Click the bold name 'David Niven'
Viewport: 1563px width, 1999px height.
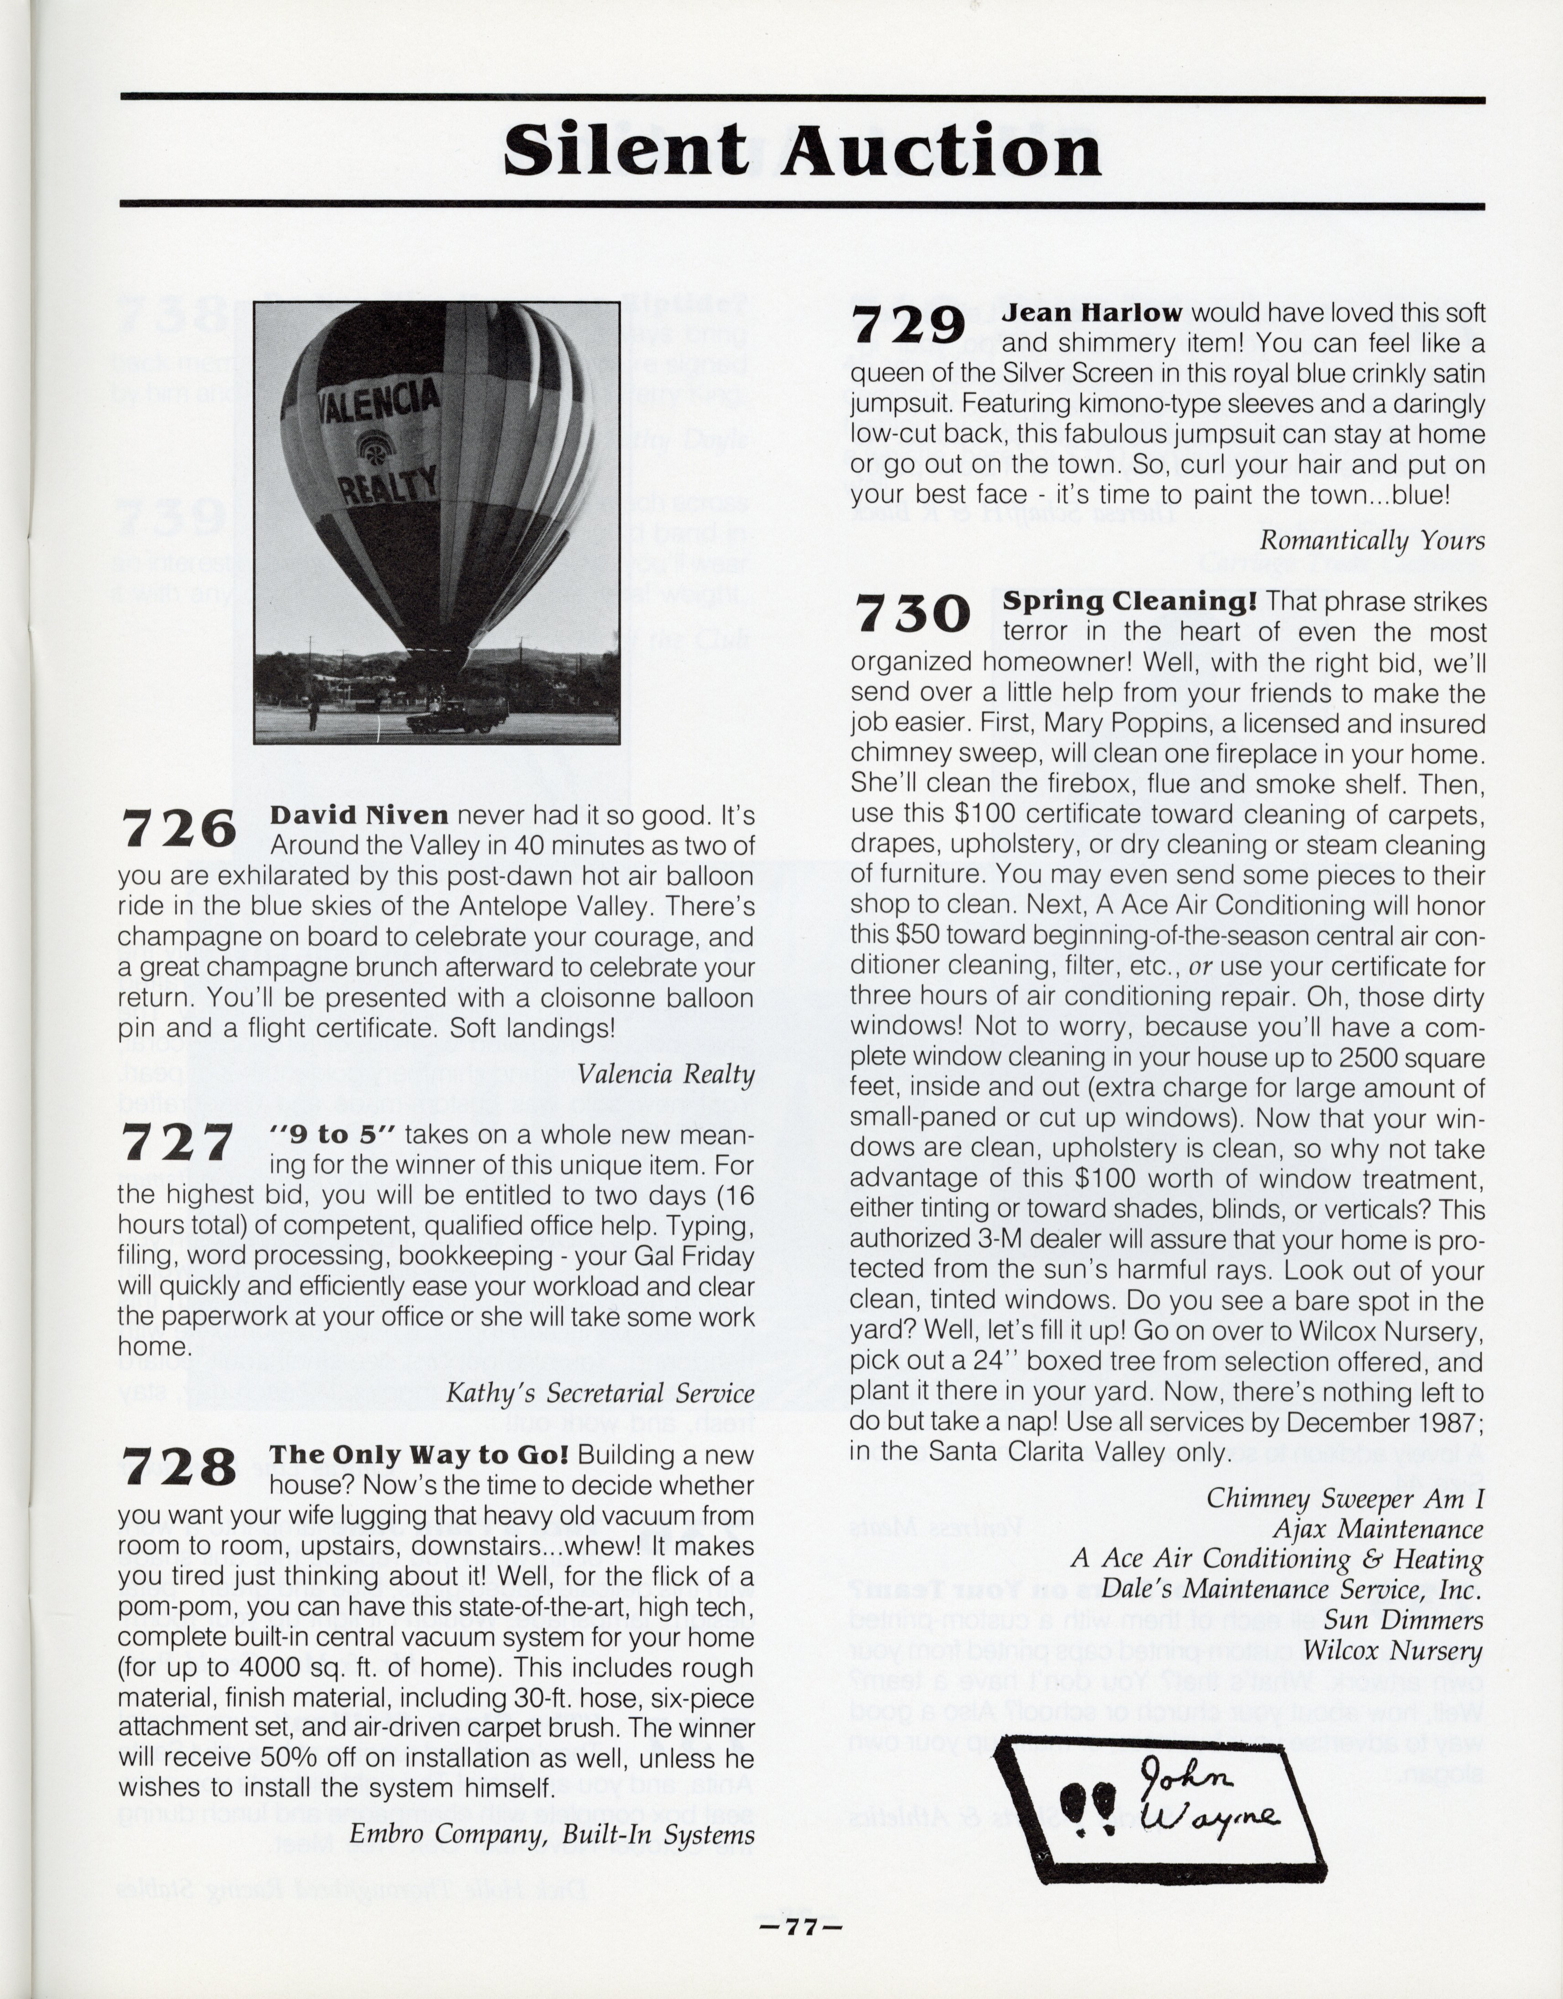coord(359,814)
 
